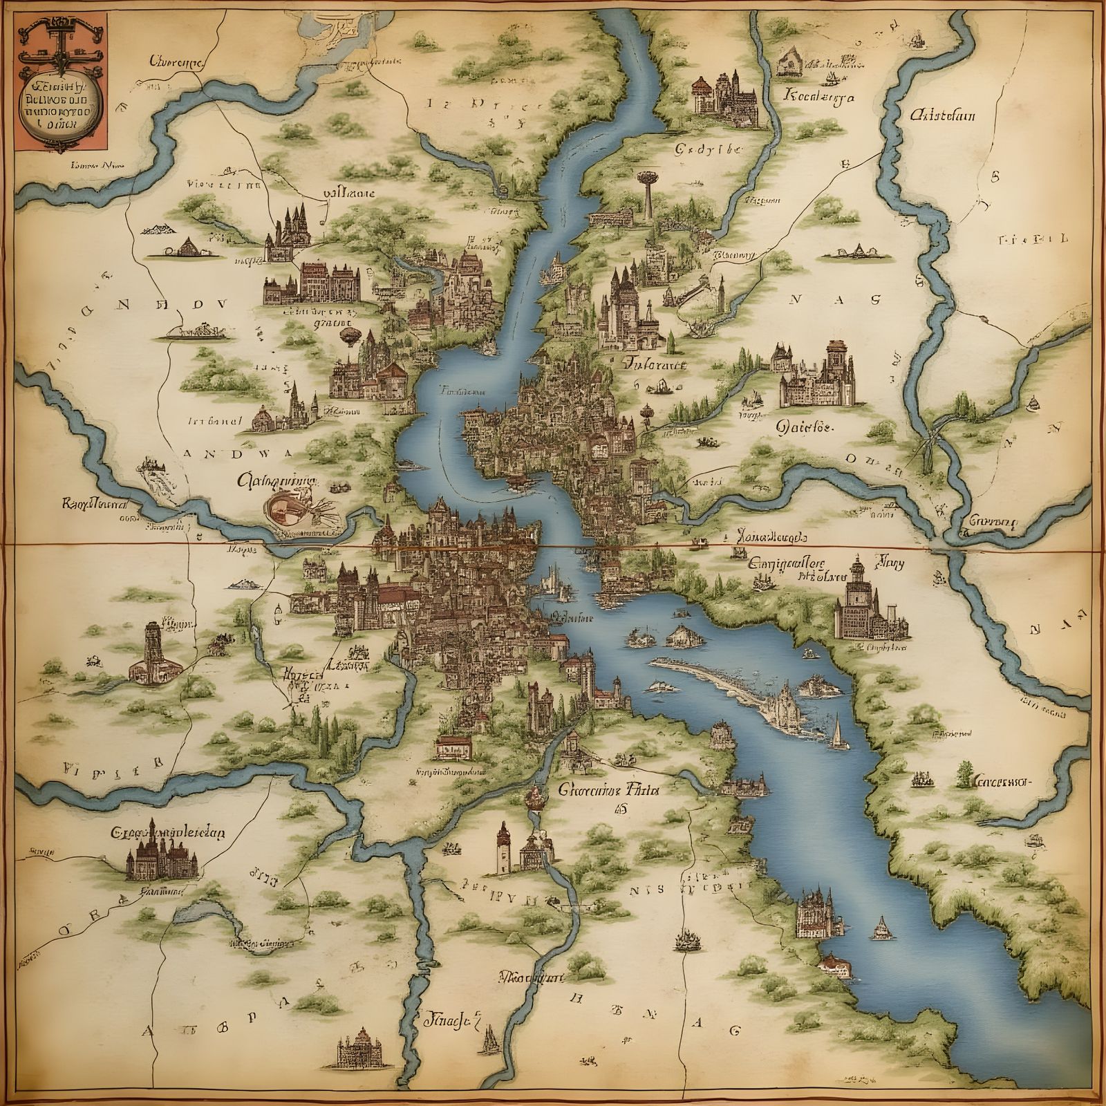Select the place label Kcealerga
818,97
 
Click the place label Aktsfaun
942,115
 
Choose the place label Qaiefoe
805,427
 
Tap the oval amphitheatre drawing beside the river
285,507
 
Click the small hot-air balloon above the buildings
348,335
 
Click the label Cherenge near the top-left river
175,61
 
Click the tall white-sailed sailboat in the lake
837,732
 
